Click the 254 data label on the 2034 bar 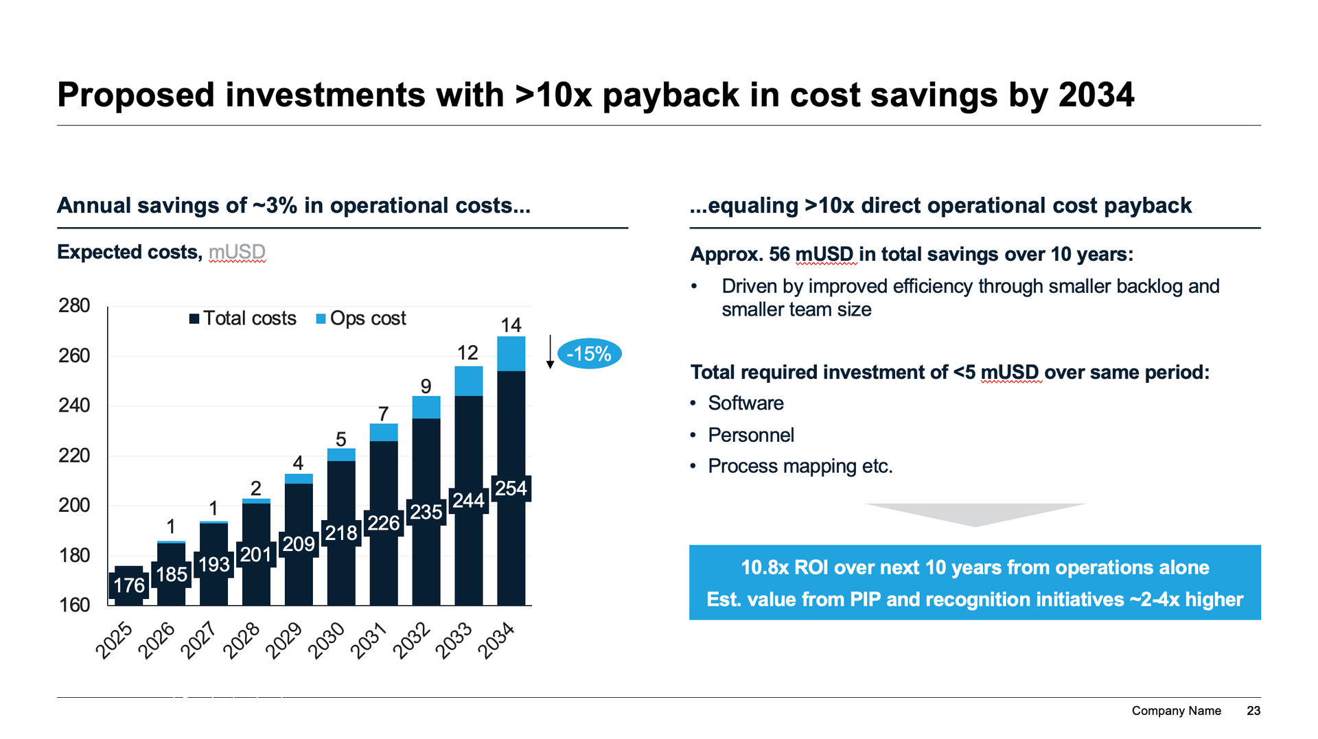tap(511, 489)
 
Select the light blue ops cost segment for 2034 tap(511, 353)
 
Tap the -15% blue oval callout tap(589, 354)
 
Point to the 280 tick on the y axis tap(74, 305)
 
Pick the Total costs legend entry tap(243, 318)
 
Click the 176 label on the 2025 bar tap(129, 585)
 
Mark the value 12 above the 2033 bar tap(467, 353)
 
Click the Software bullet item tap(745, 403)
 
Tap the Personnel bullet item tap(751, 435)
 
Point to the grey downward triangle tap(975, 514)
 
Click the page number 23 tap(1253, 711)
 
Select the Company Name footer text tap(1176, 711)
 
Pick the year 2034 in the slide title tap(1096, 95)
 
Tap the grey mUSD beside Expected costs tap(237, 252)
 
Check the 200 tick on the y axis tap(74, 505)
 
